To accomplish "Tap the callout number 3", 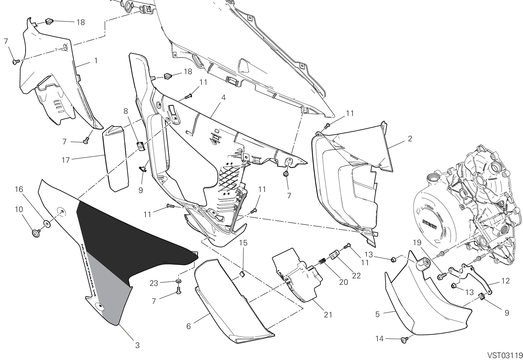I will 137,345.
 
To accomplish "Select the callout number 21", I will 328,315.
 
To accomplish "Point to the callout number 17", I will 65,160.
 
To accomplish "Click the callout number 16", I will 19,190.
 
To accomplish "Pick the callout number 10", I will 19,209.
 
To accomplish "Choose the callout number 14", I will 379,339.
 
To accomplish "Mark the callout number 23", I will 154,283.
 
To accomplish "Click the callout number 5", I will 377,314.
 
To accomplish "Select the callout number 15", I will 243,243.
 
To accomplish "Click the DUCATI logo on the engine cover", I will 429,224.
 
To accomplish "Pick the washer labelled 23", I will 178,282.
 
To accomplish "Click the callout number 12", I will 505,281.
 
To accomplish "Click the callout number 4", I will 223,97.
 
